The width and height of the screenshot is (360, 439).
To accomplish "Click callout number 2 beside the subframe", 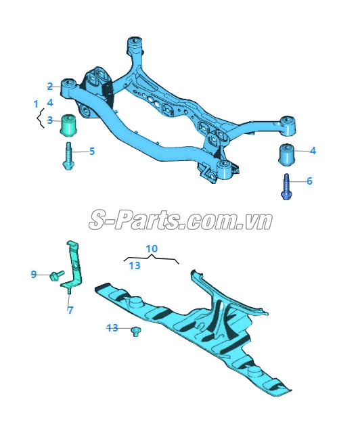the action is click(50, 87).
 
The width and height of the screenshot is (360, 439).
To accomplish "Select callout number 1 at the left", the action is click(36, 104).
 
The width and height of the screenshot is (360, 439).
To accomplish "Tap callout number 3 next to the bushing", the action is click(50, 120).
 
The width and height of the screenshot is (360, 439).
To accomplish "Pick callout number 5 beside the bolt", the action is click(92, 152).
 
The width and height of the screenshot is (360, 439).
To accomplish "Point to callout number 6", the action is click(309, 181).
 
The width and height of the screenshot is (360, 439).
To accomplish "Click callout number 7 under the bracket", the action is click(70, 310).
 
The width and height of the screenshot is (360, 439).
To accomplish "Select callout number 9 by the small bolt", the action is click(34, 275).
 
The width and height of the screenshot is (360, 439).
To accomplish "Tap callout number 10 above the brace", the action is click(152, 249).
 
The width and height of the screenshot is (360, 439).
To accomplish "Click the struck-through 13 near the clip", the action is click(112, 327).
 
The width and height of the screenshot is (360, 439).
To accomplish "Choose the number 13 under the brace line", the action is click(135, 265).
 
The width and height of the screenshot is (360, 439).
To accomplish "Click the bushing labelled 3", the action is click(70, 125).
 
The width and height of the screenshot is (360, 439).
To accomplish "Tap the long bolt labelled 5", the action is click(68, 156).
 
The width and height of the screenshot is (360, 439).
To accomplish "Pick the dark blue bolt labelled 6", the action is click(286, 187).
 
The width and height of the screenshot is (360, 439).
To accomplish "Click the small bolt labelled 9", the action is click(57, 275).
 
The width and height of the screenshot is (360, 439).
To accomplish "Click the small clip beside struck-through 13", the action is click(136, 331).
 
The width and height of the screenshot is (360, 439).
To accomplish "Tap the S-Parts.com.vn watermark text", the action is click(181, 221).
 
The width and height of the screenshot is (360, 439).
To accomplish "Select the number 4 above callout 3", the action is click(50, 103).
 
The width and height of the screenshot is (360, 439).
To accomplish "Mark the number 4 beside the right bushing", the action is click(313, 151).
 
